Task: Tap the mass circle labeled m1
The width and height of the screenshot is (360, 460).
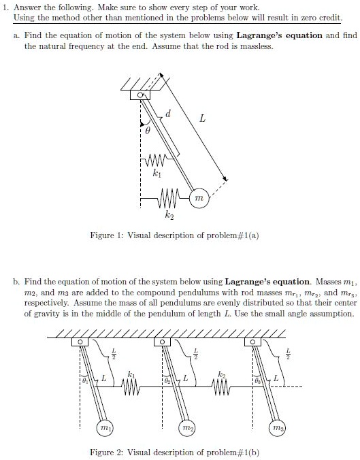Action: tap(104, 430)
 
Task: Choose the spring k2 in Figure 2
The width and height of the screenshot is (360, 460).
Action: tap(222, 389)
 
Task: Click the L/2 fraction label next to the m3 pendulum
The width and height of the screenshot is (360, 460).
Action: tap(288, 352)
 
